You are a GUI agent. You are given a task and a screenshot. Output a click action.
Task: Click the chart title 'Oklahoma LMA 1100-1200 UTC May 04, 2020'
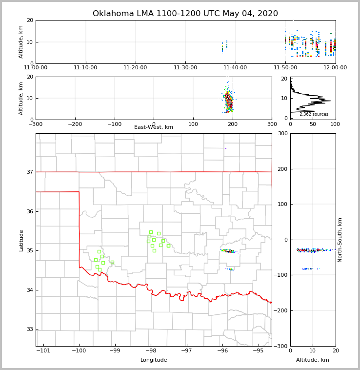click(185, 14)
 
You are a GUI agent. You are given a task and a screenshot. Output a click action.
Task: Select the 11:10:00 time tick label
click(86, 68)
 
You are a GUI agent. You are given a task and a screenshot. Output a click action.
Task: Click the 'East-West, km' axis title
click(154, 127)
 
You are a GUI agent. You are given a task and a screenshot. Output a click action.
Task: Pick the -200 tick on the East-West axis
click(75, 124)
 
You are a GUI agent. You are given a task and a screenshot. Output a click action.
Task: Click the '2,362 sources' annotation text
click(314, 114)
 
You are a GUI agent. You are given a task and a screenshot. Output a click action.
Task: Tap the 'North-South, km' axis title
click(340, 240)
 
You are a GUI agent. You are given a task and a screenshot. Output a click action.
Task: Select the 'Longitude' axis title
click(154, 360)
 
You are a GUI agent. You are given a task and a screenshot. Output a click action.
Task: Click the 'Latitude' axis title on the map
click(21, 240)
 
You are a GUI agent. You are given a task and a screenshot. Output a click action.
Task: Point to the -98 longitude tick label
click(150, 351)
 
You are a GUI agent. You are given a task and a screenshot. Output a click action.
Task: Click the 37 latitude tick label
click(30, 172)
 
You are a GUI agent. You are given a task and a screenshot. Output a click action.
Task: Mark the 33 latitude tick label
click(30, 329)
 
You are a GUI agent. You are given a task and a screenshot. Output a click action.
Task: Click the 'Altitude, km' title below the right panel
click(312, 360)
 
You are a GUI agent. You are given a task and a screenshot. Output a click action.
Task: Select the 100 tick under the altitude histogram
click(335, 124)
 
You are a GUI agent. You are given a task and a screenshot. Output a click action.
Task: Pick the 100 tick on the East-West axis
click(193, 124)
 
